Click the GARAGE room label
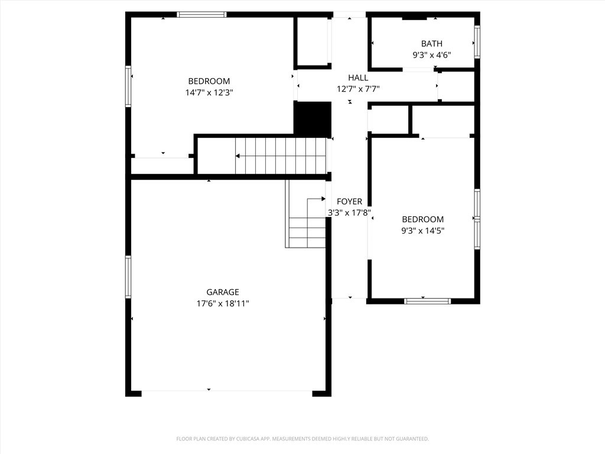(x=222, y=292)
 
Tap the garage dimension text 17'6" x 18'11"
(x=223, y=304)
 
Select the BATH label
(x=431, y=44)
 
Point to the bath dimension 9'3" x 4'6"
(x=431, y=55)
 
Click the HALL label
(x=358, y=77)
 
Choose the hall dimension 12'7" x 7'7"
(x=358, y=89)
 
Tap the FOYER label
(x=349, y=202)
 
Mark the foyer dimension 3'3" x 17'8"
(x=349, y=213)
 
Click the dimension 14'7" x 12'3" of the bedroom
(x=209, y=93)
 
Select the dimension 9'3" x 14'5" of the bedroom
(x=422, y=231)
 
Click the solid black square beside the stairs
(x=313, y=119)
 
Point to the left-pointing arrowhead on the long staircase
(x=238, y=156)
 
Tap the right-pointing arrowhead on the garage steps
(x=323, y=199)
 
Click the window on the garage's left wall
(x=128, y=276)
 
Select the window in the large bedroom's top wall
(x=201, y=14)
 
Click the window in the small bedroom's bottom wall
(x=427, y=301)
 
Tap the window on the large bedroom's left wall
(x=128, y=86)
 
